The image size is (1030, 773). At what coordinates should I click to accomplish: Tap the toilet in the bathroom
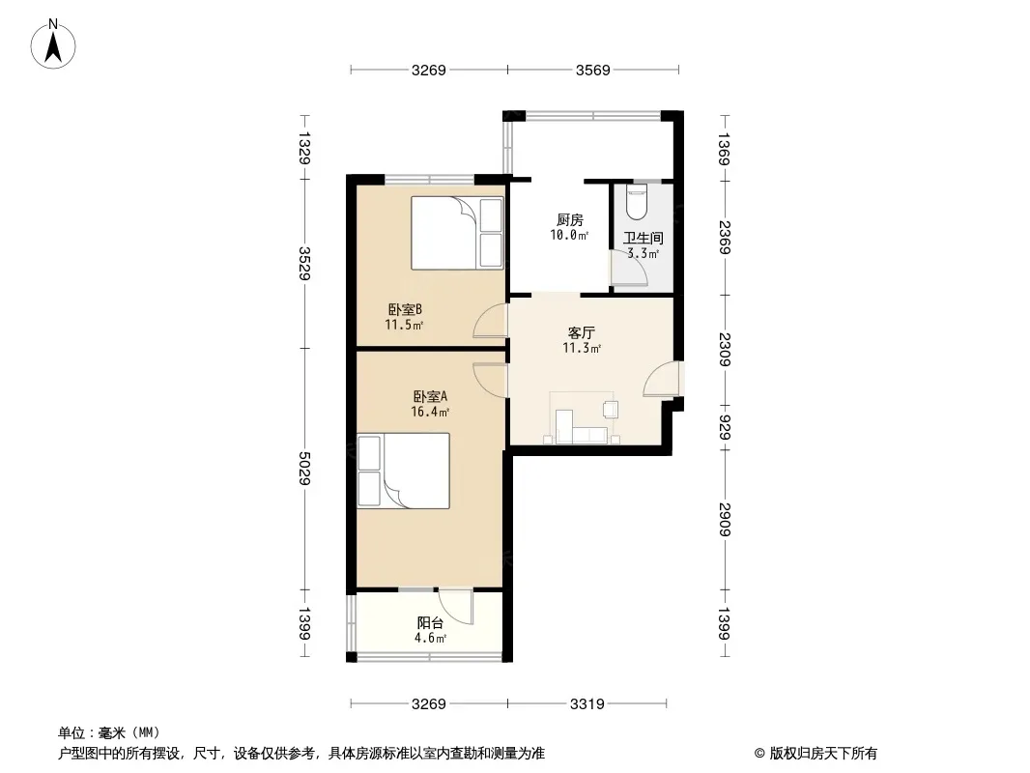pyautogui.click(x=637, y=202)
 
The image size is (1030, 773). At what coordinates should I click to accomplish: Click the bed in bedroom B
pyautogui.click(x=457, y=233)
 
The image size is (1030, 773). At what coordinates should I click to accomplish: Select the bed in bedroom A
pyautogui.click(x=404, y=471)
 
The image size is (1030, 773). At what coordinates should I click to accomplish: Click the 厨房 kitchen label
pyautogui.click(x=569, y=220)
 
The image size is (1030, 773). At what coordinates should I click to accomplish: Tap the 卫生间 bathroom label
pyautogui.click(x=643, y=239)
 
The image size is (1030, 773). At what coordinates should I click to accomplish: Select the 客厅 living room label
pyautogui.click(x=582, y=332)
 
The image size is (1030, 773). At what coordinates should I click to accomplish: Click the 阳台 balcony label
pyautogui.click(x=431, y=623)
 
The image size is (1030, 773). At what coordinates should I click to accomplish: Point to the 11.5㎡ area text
pyautogui.click(x=404, y=326)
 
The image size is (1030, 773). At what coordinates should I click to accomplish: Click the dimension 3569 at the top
pyautogui.click(x=592, y=70)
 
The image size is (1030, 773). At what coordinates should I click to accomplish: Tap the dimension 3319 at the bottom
pyautogui.click(x=587, y=704)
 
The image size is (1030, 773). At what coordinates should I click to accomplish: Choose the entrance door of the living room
pyautogui.click(x=663, y=380)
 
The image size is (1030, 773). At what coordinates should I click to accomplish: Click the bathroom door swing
pyautogui.click(x=628, y=270)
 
